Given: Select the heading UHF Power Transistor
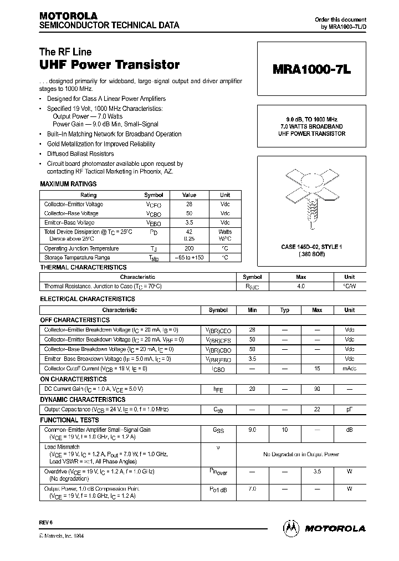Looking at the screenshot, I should tap(109, 65).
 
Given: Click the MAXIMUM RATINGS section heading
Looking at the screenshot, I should tap(69, 184).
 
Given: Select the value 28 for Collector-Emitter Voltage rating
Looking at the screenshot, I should tap(190, 205).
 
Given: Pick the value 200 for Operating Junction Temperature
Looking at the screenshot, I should tap(190, 249).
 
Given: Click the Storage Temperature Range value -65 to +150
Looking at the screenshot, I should tap(190, 258).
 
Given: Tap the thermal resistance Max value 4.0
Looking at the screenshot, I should tap(301, 287).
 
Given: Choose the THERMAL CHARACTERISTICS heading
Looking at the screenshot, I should tap(84, 268).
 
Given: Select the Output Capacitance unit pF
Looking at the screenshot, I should tap(350, 410).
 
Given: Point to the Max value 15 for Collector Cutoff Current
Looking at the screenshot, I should tap(317, 369).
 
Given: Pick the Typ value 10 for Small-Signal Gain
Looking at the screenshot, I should tap(285, 430).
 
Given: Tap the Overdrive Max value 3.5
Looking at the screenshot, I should tap(317, 472).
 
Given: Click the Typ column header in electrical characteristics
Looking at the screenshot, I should tap(285, 310).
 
